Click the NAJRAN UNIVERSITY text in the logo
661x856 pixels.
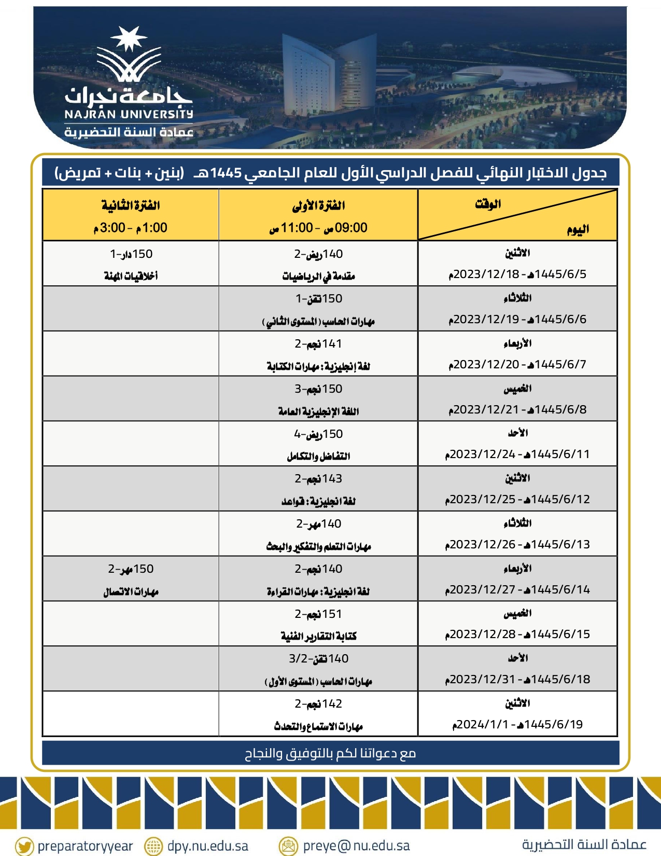129,114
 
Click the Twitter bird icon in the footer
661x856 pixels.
24,846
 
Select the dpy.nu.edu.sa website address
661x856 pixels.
207,846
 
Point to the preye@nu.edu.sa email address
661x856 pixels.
356,846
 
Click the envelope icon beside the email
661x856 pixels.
288,846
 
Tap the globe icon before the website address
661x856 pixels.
153,846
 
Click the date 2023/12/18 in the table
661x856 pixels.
486,274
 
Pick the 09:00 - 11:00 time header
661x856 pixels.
318,228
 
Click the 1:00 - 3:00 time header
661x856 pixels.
131,228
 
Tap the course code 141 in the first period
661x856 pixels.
332,344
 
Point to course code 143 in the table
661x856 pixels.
332,479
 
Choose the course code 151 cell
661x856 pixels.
332,614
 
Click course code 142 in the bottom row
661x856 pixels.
332,704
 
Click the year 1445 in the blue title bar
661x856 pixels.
226,173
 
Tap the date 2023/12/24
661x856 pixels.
483,454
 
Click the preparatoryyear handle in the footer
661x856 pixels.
85,846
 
